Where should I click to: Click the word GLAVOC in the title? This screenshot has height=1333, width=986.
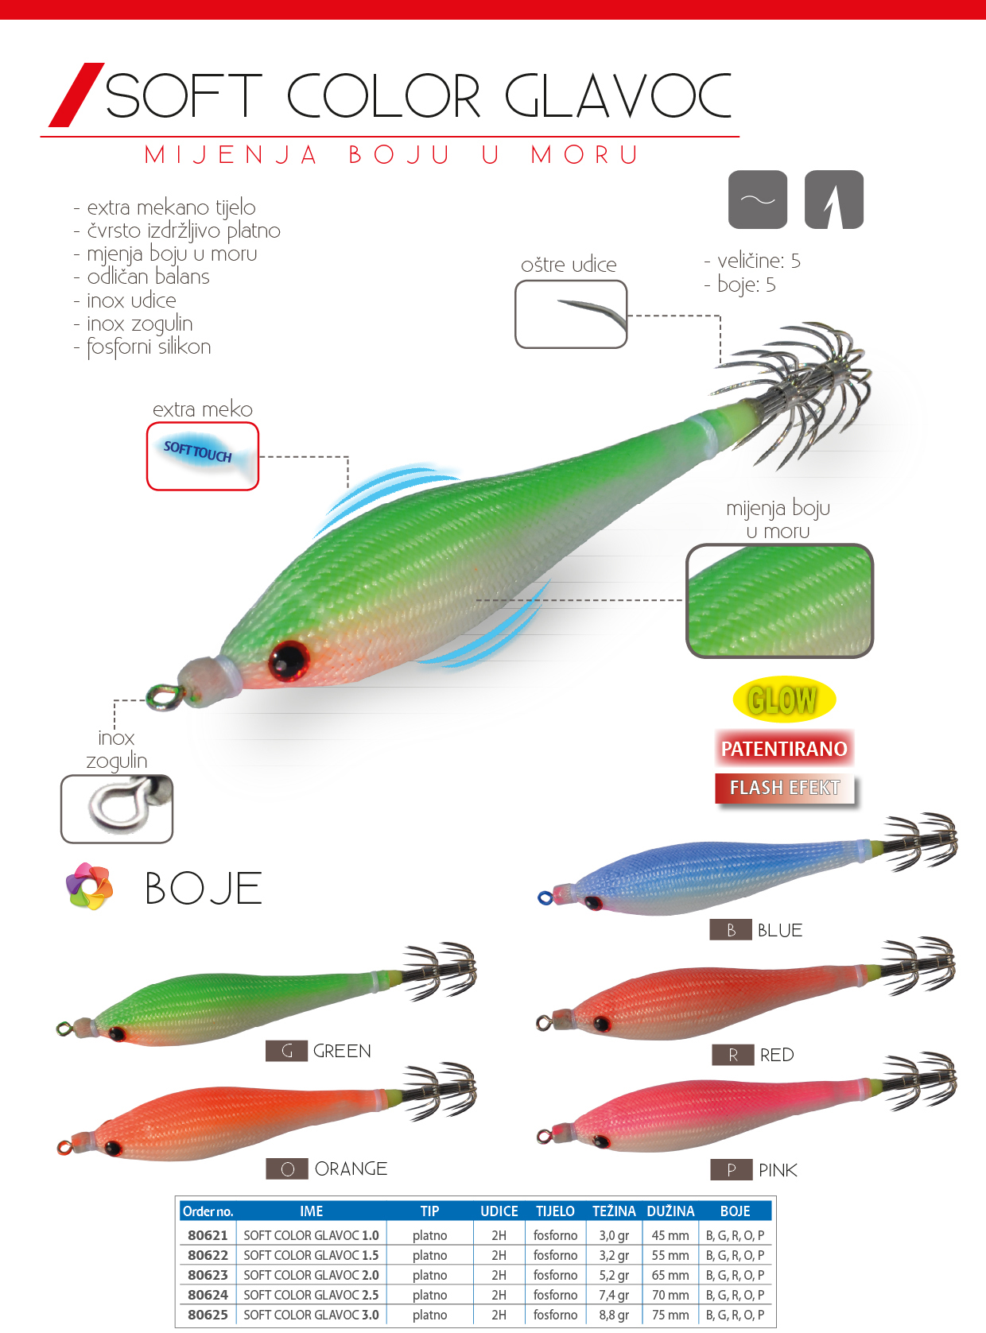(618, 96)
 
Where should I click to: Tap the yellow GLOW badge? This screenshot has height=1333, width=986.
(783, 699)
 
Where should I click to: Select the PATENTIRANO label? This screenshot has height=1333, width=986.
(784, 749)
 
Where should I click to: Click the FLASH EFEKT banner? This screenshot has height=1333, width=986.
(785, 788)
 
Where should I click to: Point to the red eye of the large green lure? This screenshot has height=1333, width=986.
(288, 660)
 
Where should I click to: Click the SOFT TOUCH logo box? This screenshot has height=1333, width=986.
(203, 456)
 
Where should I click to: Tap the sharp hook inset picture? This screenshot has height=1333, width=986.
(571, 314)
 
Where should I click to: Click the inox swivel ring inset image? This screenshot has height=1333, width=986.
(117, 808)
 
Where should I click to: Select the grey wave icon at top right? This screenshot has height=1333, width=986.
(758, 200)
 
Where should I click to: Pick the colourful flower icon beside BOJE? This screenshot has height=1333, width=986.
(89, 886)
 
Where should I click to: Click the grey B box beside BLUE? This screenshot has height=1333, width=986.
(731, 930)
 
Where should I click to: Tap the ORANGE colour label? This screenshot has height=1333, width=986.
(351, 1168)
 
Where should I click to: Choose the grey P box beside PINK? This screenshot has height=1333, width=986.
(731, 1170)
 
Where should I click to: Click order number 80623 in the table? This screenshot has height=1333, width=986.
(208, 1275)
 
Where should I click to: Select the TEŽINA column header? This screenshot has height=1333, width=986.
(614, 1211)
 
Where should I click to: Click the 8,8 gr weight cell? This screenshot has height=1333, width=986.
(614, 1315)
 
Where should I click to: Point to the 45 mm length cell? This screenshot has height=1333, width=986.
(670, 1235)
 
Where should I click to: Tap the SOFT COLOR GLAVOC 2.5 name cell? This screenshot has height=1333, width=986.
(311, 1295)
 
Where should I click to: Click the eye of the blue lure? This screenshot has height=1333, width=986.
(593, 902)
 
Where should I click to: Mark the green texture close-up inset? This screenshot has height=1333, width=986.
(779, 601)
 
